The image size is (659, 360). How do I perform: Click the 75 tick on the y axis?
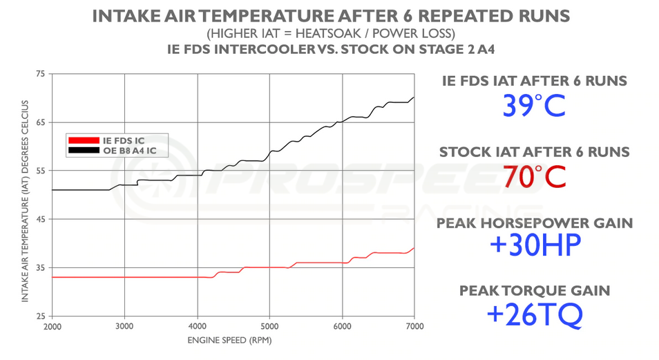click(39, 74)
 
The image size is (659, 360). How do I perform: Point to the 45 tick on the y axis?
click(39, 220)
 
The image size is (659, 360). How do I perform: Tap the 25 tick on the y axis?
click(39, 316)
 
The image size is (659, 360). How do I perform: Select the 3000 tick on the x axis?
click(124, 325)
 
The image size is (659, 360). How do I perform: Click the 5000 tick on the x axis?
click(269, 325)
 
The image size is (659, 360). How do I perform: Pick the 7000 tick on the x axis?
click(414, 325)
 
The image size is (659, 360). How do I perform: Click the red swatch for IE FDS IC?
click(84, 140)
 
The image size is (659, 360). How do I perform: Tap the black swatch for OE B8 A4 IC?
click(84, 149)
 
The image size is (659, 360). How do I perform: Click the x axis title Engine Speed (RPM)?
click(233, 341)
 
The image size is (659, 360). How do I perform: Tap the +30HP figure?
click(535, 245)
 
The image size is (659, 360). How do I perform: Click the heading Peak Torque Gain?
click(535, 291)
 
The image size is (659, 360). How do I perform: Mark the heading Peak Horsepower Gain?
click(535, 222)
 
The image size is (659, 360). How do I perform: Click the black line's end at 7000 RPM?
click(414, 98)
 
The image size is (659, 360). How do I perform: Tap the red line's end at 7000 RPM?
click(414, 248)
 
